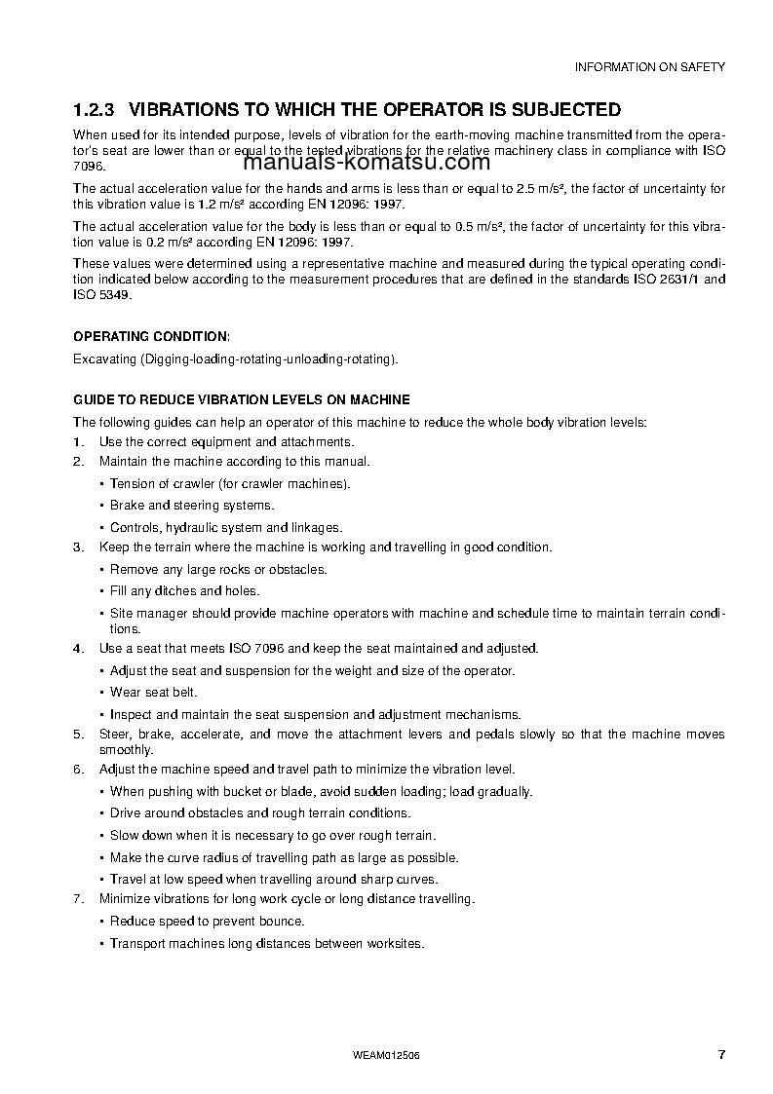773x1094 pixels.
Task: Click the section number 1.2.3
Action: [95, 109]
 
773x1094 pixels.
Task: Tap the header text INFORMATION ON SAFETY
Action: [649, 67]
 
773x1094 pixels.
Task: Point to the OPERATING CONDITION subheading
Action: [152, 336]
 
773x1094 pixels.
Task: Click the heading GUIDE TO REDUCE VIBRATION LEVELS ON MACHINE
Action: [242, 399]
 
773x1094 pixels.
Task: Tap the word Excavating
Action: [105, 358]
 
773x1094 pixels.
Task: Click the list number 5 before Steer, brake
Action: [78, 735]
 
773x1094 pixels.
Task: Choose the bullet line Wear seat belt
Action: [153, 692]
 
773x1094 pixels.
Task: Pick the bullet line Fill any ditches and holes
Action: [184, 590]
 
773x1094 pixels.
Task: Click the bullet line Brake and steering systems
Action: [192, 506]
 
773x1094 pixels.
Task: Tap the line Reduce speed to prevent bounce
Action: [207, 921]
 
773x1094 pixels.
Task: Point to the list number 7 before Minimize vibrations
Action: [78, 898]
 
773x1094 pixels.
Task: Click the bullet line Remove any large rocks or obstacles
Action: [218, 569]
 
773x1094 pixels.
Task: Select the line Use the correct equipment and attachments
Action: [226, 441]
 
